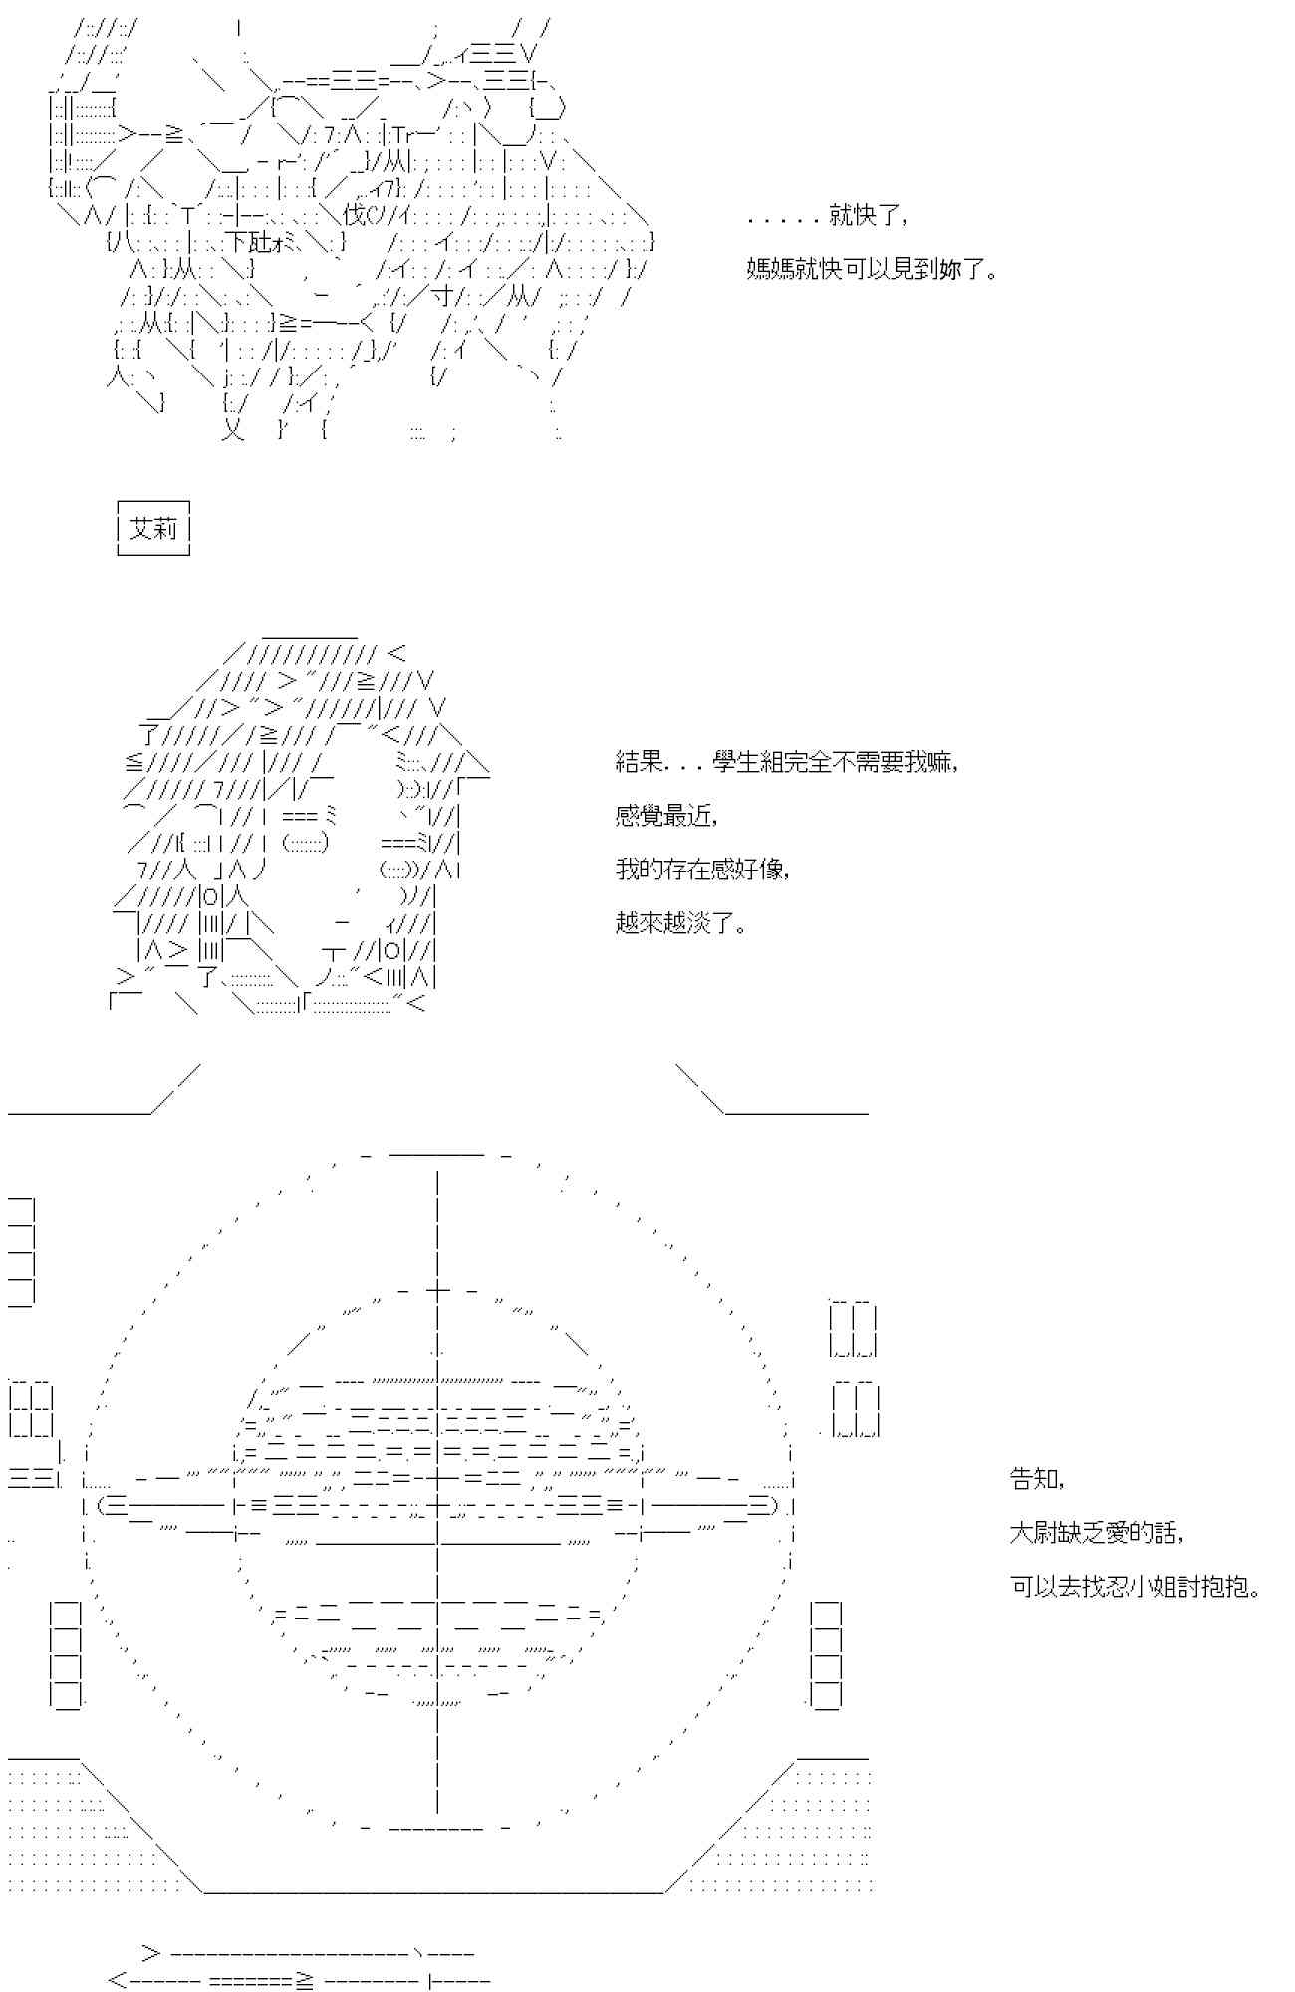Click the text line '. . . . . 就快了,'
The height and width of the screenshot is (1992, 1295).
pyautogui.click(x=826, y=216)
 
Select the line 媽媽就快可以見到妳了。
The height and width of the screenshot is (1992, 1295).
pyautogui.click(x=872, y=269)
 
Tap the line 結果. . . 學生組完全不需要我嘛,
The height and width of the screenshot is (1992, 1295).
pyautogui.click(x=787, y=763)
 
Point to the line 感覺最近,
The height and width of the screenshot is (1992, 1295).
pyautogui.click(x=665, y=817)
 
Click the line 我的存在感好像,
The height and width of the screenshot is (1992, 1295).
pyautogui.click(x=703, y=870)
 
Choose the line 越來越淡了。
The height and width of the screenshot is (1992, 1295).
pyautogui.click(x=681, y=923)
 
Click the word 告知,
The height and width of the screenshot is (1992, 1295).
pyautogui.click(x=1037, y=1479)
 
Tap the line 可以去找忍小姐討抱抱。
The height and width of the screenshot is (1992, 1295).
pyautogui.click(x=1136, y=1586)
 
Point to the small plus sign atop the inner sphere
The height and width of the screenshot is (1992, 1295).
pyautogui.click(x=438, y=1290)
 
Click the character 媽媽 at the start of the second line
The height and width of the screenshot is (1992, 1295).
pyautogui.click(x=770, y=269)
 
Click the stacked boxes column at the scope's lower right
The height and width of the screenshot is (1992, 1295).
pyautogui.click(x=826, y=1654)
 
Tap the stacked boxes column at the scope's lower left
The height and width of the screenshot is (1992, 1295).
pyautogui.click(x=66, y=1654)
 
